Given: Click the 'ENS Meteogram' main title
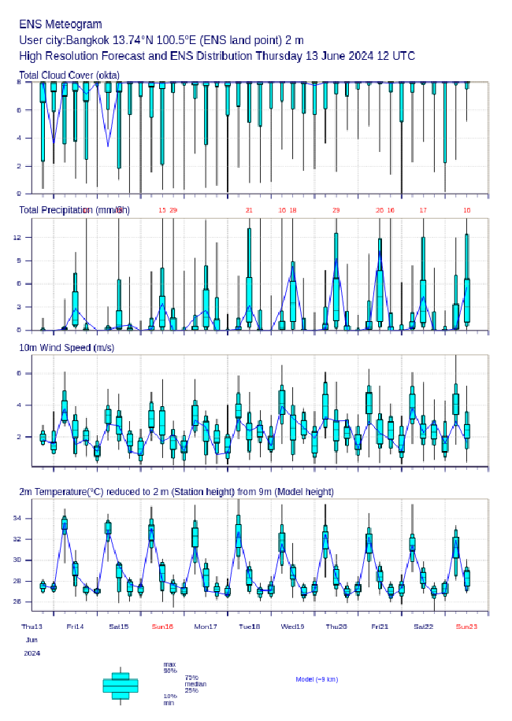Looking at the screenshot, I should point(61,24).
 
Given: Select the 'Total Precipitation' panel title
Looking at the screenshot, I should point(74,209).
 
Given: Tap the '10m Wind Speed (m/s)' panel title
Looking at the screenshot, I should point(66,347).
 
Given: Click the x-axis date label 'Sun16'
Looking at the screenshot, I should point(162,627).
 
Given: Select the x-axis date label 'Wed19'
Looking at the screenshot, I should point(292,627).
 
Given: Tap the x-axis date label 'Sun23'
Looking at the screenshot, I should point(466,627).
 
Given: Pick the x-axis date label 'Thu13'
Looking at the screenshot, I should point(32,627).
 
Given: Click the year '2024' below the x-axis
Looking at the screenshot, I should point(32,653).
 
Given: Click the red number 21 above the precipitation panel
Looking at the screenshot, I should point(249,210).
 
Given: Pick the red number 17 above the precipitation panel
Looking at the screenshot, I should point(423,210).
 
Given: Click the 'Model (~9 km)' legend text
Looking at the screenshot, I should point(317,678).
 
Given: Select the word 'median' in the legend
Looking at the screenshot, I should point(195,684).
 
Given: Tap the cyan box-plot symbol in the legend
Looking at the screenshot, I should point(121,686).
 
